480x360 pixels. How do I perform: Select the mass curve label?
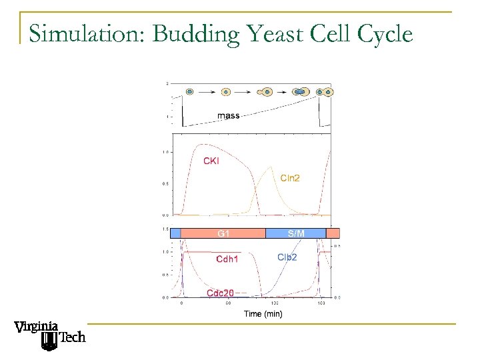pos(228,116)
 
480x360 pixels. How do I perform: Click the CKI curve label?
pos(211,160)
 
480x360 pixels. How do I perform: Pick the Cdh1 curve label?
pos(227,259)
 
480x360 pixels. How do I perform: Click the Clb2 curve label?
pos(287,257)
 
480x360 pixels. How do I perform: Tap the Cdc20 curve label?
pos(220,293)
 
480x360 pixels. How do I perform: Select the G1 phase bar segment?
pos(223,233)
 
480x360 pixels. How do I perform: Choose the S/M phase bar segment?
pos(296,233)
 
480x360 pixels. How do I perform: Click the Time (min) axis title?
pos(263,313)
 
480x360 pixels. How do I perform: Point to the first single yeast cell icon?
pos(189,91)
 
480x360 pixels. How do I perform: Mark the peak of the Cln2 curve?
pos(269,167)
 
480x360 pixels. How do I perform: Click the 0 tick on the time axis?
pos(183,303)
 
